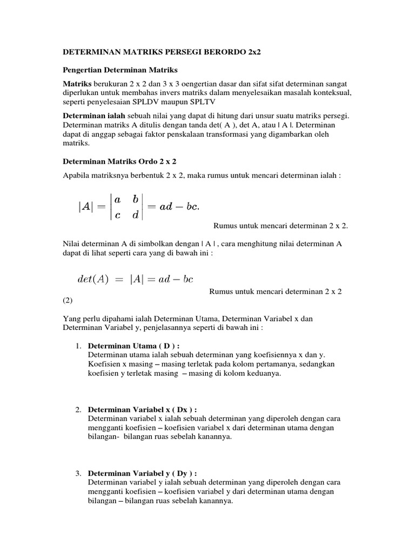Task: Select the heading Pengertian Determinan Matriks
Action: (x=120, y=70)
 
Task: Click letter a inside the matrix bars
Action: (x=117, y=199)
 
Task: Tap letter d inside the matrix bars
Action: (x=136, y=215)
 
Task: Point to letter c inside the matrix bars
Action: (x=117, y=215)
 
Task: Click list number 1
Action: (x=78, y=346)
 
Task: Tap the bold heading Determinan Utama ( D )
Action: (x=133, y=346)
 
